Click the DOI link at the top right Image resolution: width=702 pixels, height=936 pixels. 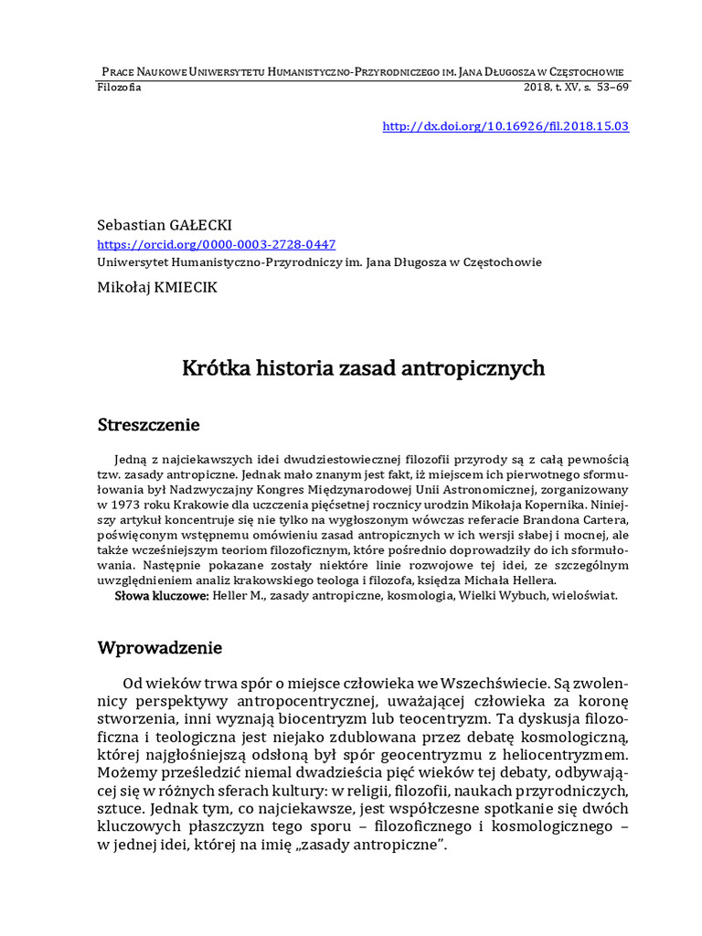coord(505,126)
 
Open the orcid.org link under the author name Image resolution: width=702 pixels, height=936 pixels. coord(217,244)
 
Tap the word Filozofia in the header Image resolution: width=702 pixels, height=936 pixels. coord(119,88)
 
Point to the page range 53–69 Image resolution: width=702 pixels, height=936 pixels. coord(610,88)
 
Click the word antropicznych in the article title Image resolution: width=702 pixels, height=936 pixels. coord(476,368)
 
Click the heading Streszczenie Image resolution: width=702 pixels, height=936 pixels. coord(148,425)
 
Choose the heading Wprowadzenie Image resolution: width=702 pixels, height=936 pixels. coord(160,648)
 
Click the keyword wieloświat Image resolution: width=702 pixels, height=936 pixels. coord(584,595)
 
